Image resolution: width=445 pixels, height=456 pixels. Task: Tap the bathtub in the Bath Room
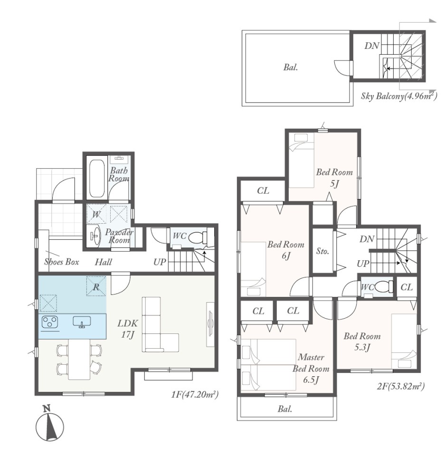pos(97,178)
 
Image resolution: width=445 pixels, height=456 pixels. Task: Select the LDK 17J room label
pos(128,329)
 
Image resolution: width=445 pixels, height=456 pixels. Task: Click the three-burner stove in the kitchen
pos(49,322)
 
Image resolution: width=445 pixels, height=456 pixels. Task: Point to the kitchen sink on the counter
pos(82,322)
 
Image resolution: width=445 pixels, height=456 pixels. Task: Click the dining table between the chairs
pos(79,359)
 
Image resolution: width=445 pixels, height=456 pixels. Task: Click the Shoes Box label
pos(62,262)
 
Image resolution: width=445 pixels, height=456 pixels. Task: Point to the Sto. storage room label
pos(322,251)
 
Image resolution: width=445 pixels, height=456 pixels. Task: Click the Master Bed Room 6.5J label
pos(311,369)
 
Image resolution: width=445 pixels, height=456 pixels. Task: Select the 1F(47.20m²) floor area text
pos(195,394)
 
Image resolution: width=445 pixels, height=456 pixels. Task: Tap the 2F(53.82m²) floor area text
pos(401,386)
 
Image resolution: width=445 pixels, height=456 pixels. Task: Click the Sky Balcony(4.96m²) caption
pos(399,96)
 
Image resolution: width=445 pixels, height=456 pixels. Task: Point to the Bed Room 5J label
pos(334,178)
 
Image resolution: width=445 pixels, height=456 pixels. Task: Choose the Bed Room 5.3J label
pos(362,342)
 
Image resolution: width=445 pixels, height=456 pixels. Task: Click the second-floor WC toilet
pos(384,287)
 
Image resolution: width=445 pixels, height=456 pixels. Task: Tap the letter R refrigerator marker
pos(96,287)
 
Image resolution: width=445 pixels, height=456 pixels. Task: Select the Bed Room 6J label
pos(286,250)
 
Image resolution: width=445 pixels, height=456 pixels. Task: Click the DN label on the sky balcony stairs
pos(372,46)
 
